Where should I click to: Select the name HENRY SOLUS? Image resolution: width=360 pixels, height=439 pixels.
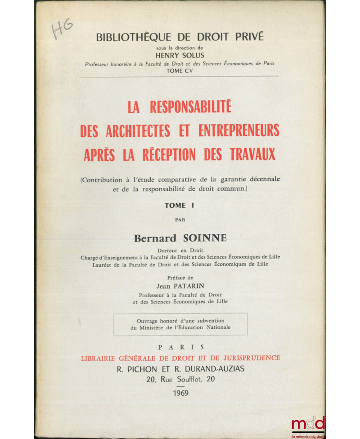click(x=180, y=55)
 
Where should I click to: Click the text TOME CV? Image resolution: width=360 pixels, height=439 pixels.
click(x=180, y=70)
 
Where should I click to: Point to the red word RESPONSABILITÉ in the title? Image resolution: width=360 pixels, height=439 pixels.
click(x=191, y=108)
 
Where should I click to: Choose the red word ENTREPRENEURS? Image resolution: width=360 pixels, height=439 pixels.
click(x=237, y=130)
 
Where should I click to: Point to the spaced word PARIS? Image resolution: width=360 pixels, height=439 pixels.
click(x=180, y=347)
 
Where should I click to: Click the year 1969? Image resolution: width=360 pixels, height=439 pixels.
click(x=180, y=393)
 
